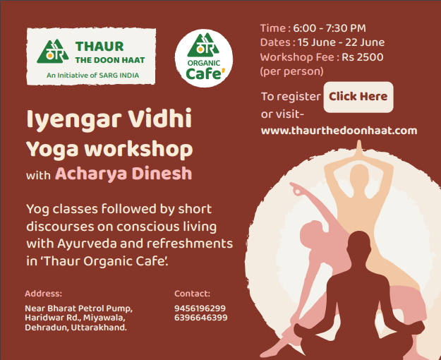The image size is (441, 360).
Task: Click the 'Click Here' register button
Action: coord(358,97)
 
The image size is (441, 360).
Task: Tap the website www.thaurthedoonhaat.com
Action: coord(339,131)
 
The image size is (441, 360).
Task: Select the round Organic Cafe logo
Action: coord(204,59)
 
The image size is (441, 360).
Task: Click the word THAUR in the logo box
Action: coord(99,47)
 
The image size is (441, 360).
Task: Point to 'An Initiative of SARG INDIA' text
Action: coord(93,76)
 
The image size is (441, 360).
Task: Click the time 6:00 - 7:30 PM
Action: coord(330,28)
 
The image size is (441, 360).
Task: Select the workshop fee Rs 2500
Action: coord(362,57)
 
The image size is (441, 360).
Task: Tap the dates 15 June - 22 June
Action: coord(341,42)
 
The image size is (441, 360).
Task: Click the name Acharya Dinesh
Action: coord(123,174)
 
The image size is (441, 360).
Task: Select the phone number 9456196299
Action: coord(200,308)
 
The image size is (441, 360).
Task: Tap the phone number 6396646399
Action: coord(201,318)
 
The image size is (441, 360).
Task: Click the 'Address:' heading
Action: coord(43,294)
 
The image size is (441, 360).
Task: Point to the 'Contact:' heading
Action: coord(192,294)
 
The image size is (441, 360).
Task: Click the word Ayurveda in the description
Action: coord(87,244)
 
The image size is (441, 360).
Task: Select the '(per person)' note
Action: coord(291,71)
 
